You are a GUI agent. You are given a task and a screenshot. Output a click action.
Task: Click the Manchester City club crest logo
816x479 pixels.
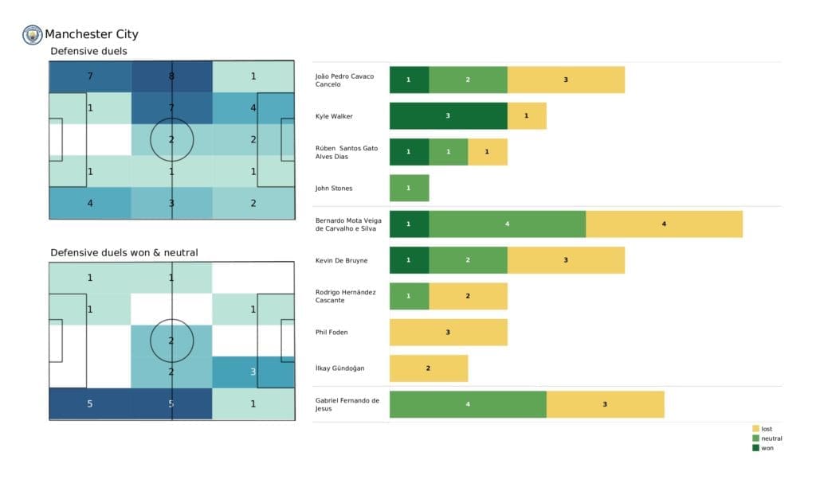coord(33,34)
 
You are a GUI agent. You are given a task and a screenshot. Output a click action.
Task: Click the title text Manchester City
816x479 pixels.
coord(91,34)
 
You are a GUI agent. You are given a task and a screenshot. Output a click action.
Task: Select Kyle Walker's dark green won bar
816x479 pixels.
coord(448,116)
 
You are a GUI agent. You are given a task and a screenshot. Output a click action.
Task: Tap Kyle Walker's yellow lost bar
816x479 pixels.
coord(527,116)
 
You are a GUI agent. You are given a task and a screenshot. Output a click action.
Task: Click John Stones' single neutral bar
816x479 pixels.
coord(409,188)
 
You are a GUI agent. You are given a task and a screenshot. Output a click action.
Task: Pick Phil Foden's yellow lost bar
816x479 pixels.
coord(448,332)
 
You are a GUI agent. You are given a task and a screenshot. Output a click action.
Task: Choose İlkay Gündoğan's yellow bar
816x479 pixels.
coord(428,368)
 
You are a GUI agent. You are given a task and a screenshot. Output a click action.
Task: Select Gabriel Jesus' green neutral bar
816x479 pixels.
coord(468,404)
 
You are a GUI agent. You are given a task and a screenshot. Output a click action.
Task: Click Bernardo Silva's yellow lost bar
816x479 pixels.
coord(664,224)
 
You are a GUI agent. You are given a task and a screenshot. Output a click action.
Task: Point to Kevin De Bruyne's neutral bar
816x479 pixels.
coord(468,260)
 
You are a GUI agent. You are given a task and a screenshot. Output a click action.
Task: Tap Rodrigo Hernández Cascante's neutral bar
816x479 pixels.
coord(409,296)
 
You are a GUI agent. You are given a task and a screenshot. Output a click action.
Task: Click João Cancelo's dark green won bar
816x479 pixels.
coord(409,80)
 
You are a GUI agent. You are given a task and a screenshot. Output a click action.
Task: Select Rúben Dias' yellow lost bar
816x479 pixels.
coord(487,152)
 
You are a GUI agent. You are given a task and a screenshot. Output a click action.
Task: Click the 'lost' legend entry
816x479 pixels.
coord(766,429)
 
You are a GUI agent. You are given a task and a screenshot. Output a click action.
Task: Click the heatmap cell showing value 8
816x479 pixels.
coord(172,77)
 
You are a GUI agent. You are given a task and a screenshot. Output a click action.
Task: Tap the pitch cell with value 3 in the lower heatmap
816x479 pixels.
coord(253,372)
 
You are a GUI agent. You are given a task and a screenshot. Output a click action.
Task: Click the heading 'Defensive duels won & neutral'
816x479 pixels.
coord(124,252)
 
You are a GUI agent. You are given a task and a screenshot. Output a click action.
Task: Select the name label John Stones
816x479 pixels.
coord(334,189)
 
